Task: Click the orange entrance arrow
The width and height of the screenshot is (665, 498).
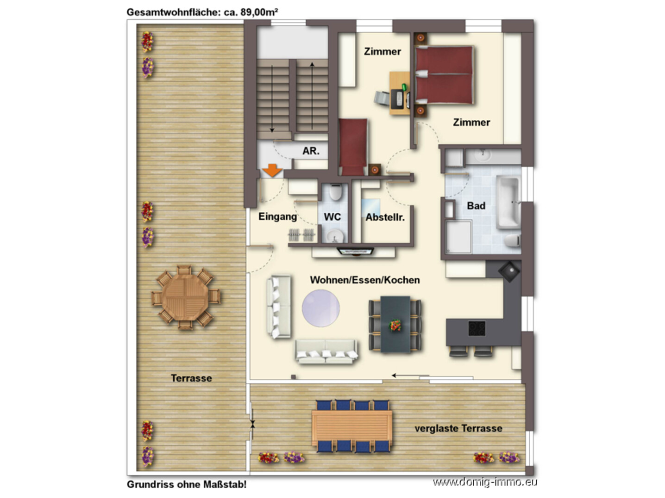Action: (272, 170)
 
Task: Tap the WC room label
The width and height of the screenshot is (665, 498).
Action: (332, 216)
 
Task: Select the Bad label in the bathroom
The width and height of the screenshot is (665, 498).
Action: (476, 206)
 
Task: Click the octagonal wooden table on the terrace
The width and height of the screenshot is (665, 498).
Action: (185, 297)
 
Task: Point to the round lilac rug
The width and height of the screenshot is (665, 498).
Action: (320, 308)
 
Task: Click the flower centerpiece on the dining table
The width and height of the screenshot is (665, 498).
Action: (395, 325)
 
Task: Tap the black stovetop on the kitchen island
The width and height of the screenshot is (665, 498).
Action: (477, 328)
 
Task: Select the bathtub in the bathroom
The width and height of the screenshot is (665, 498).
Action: (508, 202)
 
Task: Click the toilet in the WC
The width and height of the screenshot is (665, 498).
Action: (335, 192)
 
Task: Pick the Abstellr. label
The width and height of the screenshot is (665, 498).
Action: (385, 217)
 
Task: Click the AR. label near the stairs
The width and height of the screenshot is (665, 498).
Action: (311, 151)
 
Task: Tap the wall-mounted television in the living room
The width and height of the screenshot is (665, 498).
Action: (355, 251)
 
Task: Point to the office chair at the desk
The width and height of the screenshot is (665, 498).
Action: (382, 98)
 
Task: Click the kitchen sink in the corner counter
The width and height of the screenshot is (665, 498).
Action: (509, 271)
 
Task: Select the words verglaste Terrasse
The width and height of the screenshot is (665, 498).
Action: (458, 428)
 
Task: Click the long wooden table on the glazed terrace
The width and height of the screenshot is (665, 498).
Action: (352, 426)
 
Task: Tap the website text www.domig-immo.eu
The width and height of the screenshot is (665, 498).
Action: (485, 482)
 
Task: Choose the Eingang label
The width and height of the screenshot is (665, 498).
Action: (277, 217)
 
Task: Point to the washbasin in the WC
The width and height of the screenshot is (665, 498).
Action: (335, 236)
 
